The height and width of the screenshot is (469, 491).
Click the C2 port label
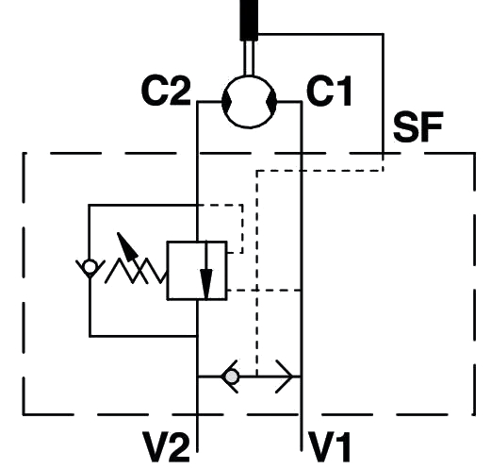[166, 91]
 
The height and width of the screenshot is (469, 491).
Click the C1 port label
[329, 91]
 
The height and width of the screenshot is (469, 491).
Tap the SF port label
[418, 126]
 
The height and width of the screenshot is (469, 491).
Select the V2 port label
[167, 446]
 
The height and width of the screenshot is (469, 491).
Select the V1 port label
[330, 446]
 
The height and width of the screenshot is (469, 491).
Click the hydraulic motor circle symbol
[249, 102]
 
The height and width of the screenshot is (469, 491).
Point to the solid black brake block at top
[249, 20]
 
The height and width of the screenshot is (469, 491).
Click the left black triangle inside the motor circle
[226, 102]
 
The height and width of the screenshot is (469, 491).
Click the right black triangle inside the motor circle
[271, 102]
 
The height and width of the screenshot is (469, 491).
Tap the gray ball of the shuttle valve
[232, 377]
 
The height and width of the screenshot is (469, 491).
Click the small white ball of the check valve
[90, 267]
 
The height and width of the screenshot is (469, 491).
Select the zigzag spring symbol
[136, 271]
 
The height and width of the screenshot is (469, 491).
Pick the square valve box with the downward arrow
[197, 271]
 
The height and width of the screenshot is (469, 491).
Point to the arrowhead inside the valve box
[206, 284]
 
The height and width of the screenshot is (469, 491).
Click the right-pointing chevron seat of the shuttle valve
[285, 377]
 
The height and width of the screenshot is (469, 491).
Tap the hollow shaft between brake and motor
[249, 59]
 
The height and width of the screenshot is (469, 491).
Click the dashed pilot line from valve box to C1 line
[264, 290]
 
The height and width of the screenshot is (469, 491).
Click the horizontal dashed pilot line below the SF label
[319, 171]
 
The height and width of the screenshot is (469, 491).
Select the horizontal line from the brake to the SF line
[320, 33]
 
